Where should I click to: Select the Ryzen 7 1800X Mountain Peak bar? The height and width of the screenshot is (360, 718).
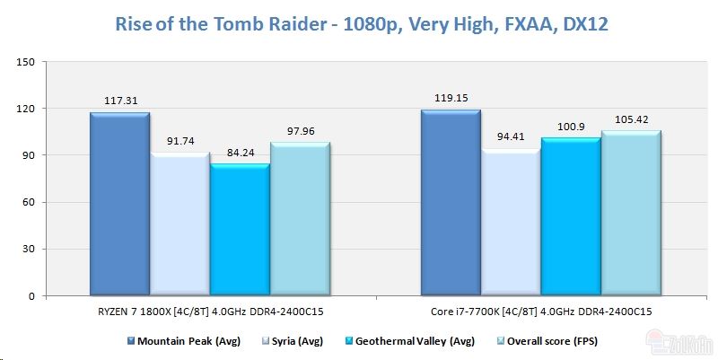[x=119, y=204]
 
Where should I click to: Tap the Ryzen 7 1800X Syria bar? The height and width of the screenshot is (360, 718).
[x=179, y=224]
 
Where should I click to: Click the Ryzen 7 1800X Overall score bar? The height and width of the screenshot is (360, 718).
[x=300, y=219]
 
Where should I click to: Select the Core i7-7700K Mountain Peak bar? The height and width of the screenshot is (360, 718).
[x=451, y=202]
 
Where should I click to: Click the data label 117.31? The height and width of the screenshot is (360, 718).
[x=119, y=101]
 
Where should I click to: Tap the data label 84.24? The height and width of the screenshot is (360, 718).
[x=240, y=153]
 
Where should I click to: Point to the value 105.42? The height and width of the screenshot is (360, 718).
[x=631, y=119]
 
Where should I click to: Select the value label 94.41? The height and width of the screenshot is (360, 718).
[x=511, y=136]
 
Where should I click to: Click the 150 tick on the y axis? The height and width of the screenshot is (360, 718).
[x=25, y=62]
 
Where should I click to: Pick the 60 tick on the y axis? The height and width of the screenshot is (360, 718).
[x=28, y=202]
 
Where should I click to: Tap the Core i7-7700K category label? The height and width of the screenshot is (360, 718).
[x=540, y=310]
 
